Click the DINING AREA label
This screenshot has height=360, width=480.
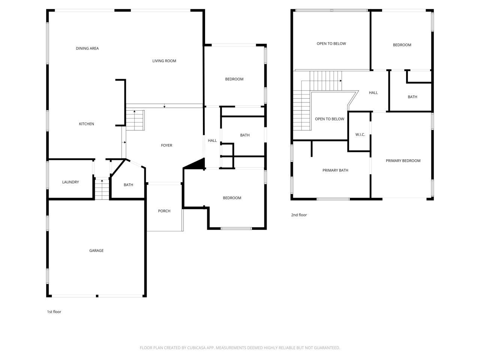87,48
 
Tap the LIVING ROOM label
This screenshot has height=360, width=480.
164,61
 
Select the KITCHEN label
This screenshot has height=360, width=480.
86,124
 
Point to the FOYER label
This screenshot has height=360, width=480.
166,145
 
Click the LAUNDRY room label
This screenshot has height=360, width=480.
70,182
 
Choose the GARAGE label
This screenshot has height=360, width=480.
96,250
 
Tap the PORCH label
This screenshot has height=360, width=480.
164,211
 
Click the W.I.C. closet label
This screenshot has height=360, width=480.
360,135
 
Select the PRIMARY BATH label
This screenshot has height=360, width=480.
335,170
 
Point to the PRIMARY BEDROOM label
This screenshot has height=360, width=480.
403,161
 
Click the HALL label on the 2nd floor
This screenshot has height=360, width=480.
373,93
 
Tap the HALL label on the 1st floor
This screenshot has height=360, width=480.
212,141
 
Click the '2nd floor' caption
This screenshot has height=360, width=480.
299,215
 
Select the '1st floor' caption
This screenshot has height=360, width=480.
54,312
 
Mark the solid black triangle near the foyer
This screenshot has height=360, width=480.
197,164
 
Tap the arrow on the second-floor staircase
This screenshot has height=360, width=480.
340,81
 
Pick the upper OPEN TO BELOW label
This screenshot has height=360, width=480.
331,43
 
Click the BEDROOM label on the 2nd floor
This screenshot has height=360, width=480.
402,45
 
